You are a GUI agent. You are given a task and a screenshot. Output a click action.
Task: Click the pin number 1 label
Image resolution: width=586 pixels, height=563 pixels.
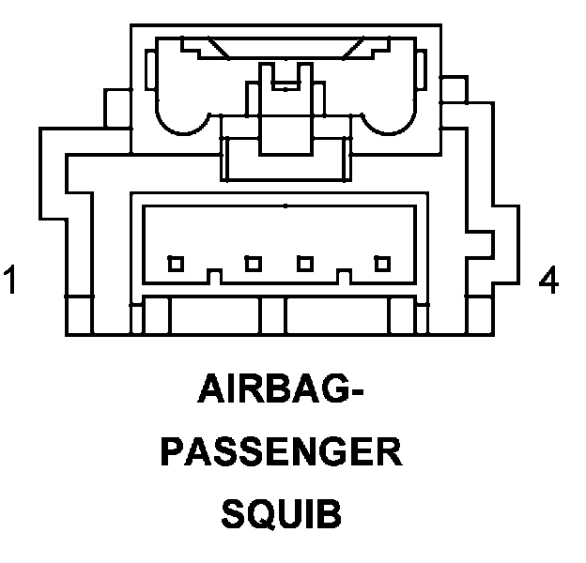(x=10, y=281)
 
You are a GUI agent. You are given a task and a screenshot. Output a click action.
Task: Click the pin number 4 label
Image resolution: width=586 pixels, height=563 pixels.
(x=549, y=280)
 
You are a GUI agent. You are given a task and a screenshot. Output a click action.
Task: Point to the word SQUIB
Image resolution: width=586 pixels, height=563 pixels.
(x=281, y=515)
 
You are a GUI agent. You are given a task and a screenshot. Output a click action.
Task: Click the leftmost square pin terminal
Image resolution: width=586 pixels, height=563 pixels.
(x=176, y=264)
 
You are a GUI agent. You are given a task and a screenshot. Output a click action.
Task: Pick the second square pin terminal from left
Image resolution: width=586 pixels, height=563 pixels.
(x=253, y=264)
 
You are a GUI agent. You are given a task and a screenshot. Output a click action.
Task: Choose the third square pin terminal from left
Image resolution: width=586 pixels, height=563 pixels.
(x=304, y=264)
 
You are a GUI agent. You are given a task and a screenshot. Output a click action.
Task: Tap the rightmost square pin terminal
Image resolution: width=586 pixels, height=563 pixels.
(x=382, y=264)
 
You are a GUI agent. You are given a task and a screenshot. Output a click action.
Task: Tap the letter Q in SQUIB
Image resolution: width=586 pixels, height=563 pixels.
(x=257, y=516)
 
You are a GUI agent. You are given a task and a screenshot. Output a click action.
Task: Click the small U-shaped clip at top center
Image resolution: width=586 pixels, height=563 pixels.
(x=283, y=79)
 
